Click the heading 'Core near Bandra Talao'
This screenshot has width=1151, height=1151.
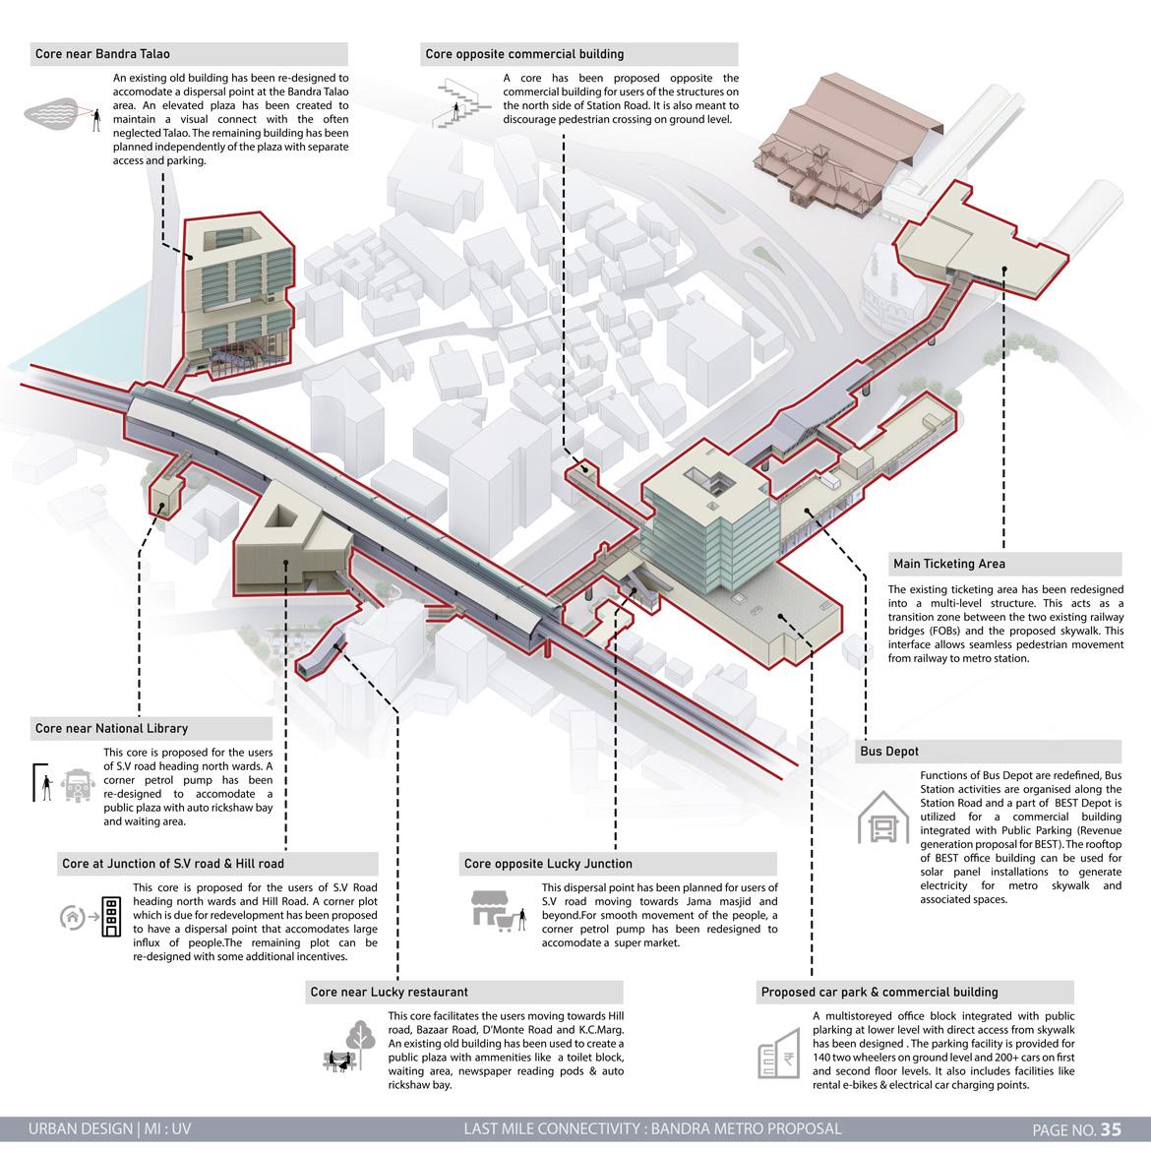(103, 54)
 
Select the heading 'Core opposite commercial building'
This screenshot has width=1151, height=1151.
(524, 54)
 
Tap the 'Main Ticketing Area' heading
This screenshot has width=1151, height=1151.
(949, 564)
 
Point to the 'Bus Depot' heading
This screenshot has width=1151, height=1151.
(889, 751)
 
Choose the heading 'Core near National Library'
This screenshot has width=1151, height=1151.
(111, 728)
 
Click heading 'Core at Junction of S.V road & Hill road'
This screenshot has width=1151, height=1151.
(173, 863)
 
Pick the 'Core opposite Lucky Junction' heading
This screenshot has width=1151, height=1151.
(548, 864)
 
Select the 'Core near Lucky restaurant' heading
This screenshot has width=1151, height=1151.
(390, 992)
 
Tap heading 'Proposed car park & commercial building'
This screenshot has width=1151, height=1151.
(879, 992)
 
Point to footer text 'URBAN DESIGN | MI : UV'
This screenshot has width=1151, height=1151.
(110, 1128)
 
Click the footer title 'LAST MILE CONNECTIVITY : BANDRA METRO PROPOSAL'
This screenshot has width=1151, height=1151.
(652, 1128)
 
